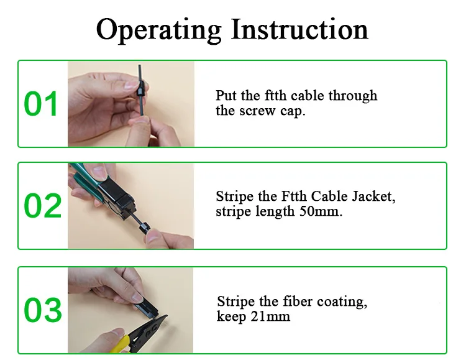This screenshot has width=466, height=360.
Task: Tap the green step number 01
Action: pyautogui.click(x=41, y=104)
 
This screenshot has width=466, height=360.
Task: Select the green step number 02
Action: pyautogui.click(x=42, y=206)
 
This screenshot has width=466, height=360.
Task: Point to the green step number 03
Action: pyautogui.click(x=43, y=310)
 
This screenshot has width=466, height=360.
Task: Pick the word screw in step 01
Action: pyautogui.click(x=257, y=111)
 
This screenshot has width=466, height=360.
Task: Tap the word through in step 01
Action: pyautogui.click(x=353, y=96)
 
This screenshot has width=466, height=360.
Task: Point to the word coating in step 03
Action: pyautogui.click(x=342, y=302)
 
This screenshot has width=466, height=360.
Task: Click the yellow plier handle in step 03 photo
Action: pyautogui.click(x=121, y=345)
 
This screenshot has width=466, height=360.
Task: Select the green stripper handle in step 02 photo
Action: pyautogui.click(x=86, y=177)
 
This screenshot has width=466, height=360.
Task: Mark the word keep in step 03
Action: pyautogui.click(x=232, y=316)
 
